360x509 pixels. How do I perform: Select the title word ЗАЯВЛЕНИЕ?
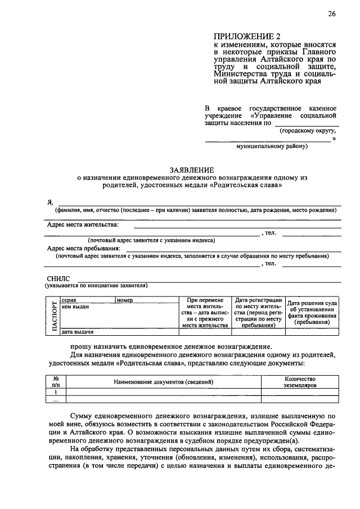(x=192, y=169)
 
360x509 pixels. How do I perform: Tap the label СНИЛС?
(x=59, y=278)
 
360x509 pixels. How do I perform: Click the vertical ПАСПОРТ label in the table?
(x=54, y=317)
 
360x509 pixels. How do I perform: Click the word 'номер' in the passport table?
(x=125, y=300)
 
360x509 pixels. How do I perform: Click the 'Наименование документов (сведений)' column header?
(x=163, y=382)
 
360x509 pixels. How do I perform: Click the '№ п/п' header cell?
(x=56, y=382)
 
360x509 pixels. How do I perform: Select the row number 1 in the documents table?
(x=56, y=392)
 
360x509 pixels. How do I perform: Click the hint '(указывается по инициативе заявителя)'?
(x=97, y=286)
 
